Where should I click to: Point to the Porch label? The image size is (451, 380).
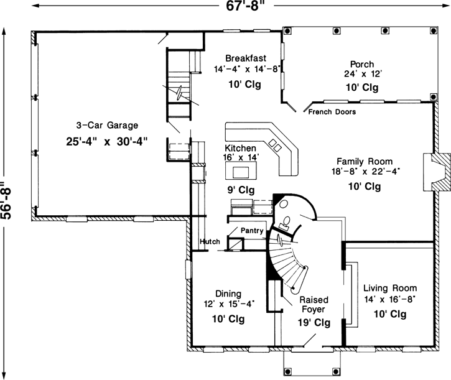tap(362, 63)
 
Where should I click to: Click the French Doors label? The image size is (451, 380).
tap(332, 113)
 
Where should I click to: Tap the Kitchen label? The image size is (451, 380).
tap(240, 148)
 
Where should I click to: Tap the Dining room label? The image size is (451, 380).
tap(228, 294)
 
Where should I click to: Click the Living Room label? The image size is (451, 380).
tap(391, 288)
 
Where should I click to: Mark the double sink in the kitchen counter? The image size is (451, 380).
tap(275, 147)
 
